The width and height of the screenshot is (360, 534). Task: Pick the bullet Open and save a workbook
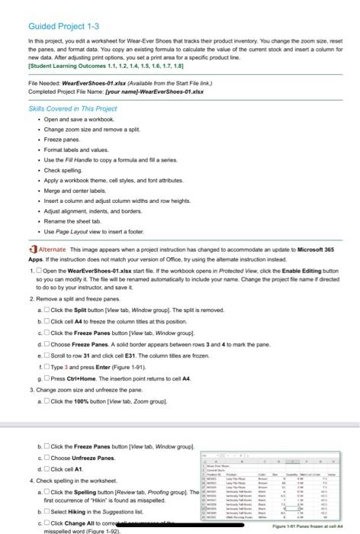[76, 119]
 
